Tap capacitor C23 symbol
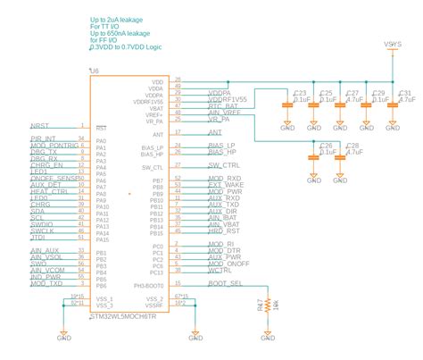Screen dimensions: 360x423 (x=287, y=105)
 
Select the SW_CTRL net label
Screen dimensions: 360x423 (x=224, y=165)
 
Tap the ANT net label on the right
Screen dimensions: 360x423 (x=214, y=133)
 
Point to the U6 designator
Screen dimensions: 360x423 (x=94, y=71)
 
